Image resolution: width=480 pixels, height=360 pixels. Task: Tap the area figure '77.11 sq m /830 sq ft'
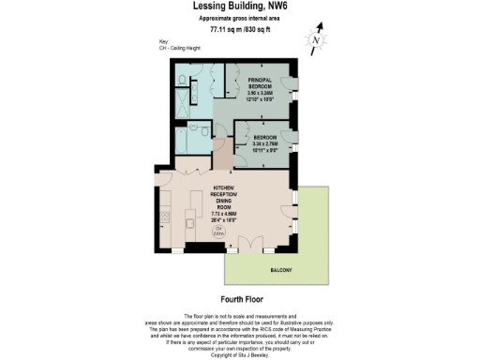click(x=239, y=29)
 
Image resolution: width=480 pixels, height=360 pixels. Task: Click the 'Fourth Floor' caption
click(x=240, y=301)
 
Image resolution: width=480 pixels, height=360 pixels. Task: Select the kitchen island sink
click(x=189, y=224)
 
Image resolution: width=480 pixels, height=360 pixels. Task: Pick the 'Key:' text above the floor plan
click(x=164, y=42)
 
